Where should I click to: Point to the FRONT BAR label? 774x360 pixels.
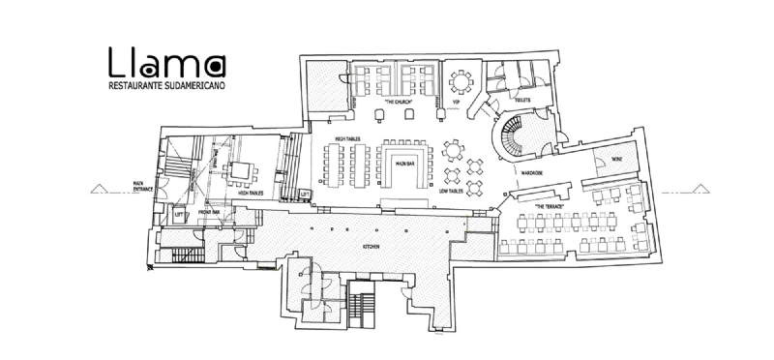(x=210, y=211)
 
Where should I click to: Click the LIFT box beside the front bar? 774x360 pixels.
(x=178, y=216)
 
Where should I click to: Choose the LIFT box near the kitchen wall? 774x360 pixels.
(x=306, y=195)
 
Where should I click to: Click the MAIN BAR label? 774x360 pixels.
(x=404, y=165)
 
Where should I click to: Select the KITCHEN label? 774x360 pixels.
(x=372, y=247)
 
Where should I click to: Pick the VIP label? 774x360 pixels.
(x=456, y=101)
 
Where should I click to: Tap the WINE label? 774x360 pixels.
(x=615, y=158)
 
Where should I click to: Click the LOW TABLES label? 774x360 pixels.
(x=450, y=192)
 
